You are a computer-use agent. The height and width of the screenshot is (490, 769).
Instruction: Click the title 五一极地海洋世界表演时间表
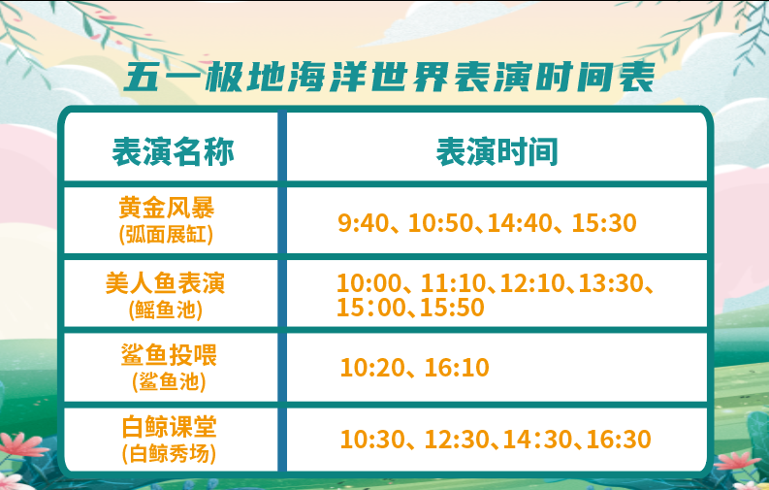390,77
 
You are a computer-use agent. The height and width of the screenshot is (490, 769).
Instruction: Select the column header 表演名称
174,151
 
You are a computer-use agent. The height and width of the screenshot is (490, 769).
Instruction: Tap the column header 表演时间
497,151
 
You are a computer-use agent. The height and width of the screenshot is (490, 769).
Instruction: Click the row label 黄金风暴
167,208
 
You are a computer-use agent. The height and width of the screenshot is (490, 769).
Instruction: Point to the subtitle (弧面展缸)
166,235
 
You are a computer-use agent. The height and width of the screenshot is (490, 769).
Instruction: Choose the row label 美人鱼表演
165,283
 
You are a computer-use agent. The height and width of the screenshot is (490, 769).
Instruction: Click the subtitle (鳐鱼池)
166,310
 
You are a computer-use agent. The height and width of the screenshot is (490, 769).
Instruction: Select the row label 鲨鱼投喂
169,355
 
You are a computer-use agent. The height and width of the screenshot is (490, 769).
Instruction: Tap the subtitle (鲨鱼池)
169,381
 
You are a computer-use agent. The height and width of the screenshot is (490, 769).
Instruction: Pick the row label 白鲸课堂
169,427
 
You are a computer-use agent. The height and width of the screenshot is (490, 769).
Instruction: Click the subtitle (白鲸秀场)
169,454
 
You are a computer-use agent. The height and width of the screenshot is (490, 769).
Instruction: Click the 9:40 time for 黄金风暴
363,222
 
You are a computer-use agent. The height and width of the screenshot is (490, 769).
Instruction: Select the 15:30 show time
604,222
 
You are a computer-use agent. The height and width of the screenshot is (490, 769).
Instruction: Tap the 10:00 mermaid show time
368,283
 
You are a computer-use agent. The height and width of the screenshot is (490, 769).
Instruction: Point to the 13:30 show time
611,283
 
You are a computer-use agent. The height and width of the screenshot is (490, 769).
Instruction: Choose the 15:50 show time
452,307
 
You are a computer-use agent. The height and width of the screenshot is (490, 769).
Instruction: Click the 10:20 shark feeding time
372,368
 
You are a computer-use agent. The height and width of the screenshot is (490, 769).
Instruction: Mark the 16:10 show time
457,368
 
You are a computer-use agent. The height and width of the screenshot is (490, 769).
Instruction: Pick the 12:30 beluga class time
457,439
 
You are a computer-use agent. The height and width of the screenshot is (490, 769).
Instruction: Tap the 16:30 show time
619,439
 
